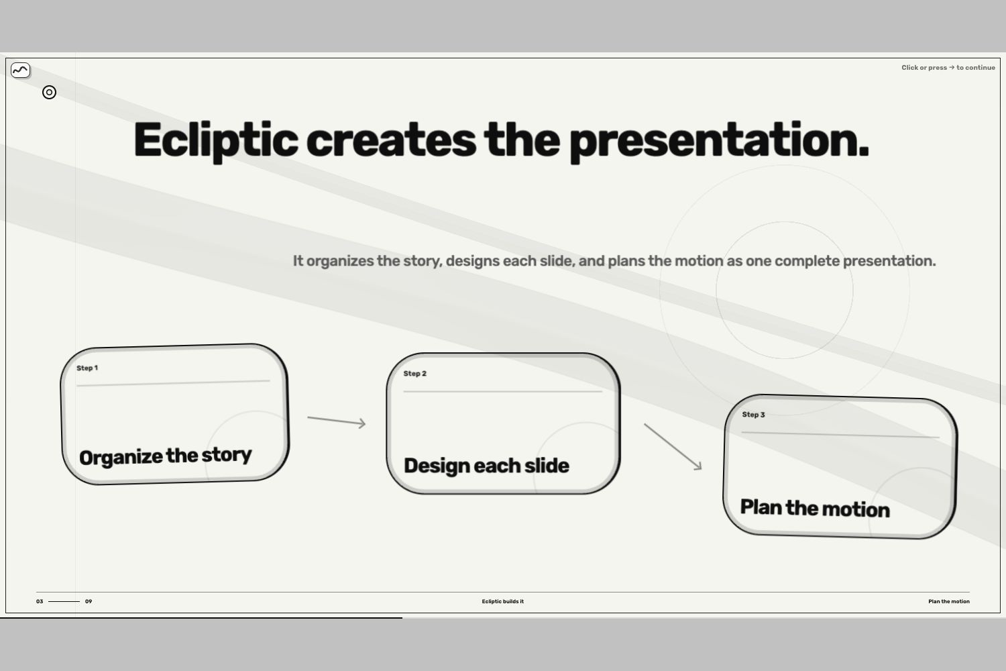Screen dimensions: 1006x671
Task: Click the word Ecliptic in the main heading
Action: click(x=215, y=140)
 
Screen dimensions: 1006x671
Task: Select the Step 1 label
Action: click(x=87, y=368)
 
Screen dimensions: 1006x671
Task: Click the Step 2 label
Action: click(x=414, y=374)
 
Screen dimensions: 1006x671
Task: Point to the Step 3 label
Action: click(x=753, y=415)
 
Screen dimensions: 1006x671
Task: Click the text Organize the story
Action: click(x=165, y=456)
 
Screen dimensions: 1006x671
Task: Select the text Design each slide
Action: click(x=486, y=466)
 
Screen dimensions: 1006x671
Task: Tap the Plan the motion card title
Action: click(x=815, y=509)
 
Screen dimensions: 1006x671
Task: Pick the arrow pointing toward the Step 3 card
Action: click(x=673, y=447)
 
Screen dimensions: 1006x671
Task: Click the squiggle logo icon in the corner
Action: click(x=21, y=70)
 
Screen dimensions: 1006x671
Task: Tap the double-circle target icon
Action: click(x=49, y=93)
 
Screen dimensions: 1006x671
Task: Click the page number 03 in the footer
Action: click(x=40, y=601)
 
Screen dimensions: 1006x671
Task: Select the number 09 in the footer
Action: click(x=89, y=601)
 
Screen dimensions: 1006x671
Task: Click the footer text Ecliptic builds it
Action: click(x=502, y=601)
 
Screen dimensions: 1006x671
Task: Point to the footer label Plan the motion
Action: click(x=949, y=601)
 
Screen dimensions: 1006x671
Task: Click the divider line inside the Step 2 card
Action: click(x=502, y=391)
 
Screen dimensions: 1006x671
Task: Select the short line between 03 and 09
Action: click(x=64, y=601)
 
